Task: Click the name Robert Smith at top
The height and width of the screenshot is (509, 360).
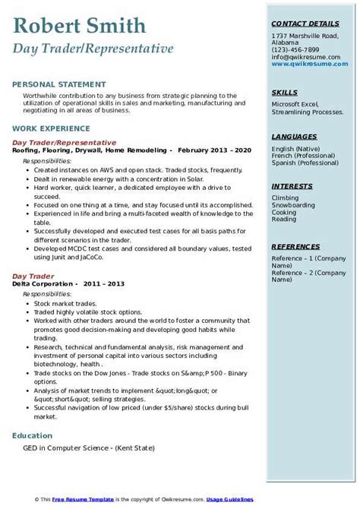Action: [79, 27]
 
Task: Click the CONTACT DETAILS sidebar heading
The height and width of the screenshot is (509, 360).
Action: [304, 24]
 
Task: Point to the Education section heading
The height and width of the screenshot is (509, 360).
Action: [33, 436]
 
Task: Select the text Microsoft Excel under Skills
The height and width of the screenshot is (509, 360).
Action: [293, 103]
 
